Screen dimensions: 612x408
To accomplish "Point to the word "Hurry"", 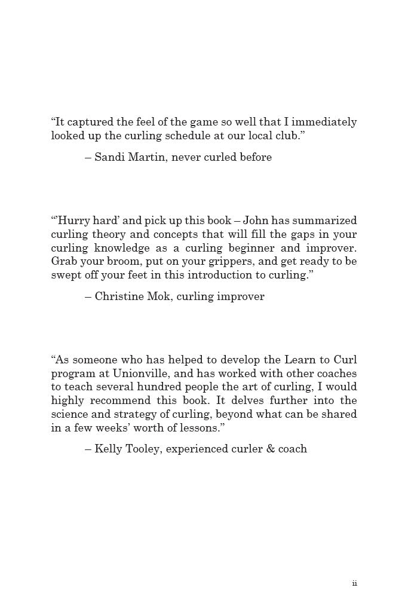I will tap(73, 221).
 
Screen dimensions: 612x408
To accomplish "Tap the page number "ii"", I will tap(354, 584).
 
